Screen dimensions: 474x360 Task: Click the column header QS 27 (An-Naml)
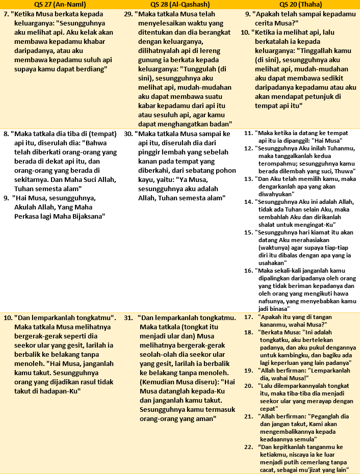pos(61,4)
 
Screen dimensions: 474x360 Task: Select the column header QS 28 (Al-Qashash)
pos(181,4)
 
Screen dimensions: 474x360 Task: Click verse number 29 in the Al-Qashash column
pos(128,14)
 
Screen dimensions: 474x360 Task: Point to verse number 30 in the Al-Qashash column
pos(128,134)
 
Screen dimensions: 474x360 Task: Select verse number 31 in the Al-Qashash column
pos(128,317)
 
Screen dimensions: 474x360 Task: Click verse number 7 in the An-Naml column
pos(6,14)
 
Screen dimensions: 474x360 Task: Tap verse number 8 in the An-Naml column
pos(6,134)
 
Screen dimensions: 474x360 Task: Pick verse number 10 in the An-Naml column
pos(8,317)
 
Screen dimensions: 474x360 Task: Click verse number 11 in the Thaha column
pos(248,133)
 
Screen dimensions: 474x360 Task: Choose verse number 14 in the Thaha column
pos(248,201)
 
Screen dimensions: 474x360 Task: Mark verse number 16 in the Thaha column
pos(248,270)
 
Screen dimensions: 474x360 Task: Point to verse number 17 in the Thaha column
pos(248,317)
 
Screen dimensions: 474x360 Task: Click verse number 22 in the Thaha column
pos(248,446)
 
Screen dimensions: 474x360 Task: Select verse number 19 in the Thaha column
pos(248,370)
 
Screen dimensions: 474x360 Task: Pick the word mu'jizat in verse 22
pos(302,469)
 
